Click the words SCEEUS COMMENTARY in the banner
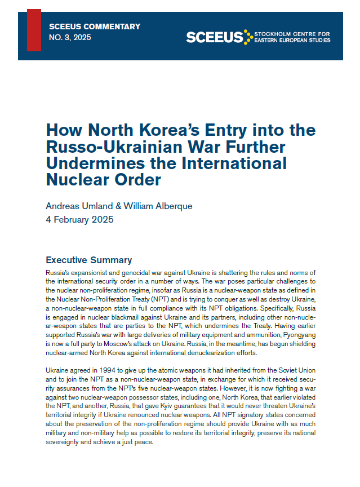(x=95, y=26)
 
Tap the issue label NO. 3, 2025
(x=70, y=37)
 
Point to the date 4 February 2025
(x=79, y=219)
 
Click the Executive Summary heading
(x=88, y=260)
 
